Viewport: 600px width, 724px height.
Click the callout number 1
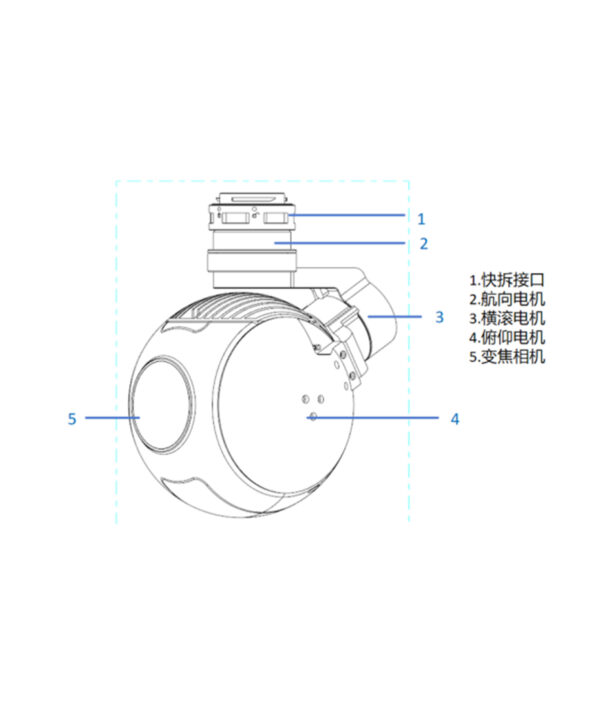[x=421, y=219]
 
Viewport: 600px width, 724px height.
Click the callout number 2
[x=424, y=243]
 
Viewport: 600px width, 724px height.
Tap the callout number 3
[x=439, y=317]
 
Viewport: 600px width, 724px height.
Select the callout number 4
[x=455, y=419]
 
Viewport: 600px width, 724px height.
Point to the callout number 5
[x=72, y=419]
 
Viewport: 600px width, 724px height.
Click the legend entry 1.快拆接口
[x=507, y=280]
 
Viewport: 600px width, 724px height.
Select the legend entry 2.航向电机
[x=507, y=299]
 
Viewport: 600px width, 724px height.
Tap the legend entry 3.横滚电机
[x=507, y=318]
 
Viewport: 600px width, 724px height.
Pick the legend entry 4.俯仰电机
[x=507, y=338]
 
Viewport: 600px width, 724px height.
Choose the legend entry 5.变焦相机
[x=507, y=356]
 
